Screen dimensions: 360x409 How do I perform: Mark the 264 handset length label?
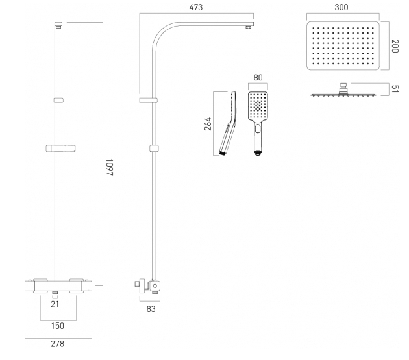pos(208,124)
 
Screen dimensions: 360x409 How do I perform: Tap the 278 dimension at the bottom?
pos(58,344)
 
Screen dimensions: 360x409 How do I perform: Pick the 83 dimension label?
pos(151,309)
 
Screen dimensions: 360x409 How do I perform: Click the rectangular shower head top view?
pos(344,45)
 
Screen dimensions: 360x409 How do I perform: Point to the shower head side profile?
pos(344,93)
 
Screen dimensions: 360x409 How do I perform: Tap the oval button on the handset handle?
pos(258,129)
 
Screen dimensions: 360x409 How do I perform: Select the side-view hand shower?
pos(229,123)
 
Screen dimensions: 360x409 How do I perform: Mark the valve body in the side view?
pos(154,285)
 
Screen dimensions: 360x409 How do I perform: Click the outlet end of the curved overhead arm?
pos(247,27)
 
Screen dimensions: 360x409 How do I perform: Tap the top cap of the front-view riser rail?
pos(58,27)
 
